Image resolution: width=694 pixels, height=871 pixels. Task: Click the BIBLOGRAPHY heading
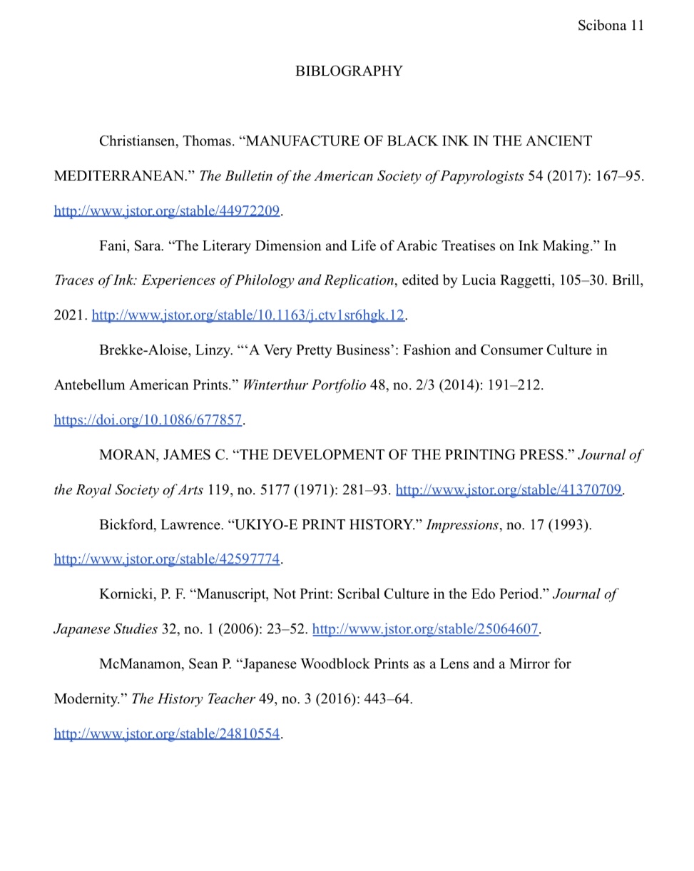pyautogui.click(x=349, y=71)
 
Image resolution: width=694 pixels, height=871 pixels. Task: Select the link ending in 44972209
pyautogui.click(x=167, y=210)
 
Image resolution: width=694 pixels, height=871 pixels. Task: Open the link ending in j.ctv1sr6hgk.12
pyautogui.click(x=248, y=315)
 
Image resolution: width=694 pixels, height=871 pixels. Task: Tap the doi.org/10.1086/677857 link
pyautogui.click(x=148, y=420)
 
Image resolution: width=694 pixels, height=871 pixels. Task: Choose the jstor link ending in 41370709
pyautogui.click(x=509, y=490)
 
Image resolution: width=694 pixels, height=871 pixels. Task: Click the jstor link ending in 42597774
pyautogui.click(x=167, y=559)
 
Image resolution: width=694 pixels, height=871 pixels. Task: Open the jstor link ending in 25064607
pyautogui.click(x=425, y=629)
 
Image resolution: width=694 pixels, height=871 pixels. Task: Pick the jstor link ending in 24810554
pyautogui.click(x=167, y=733)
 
